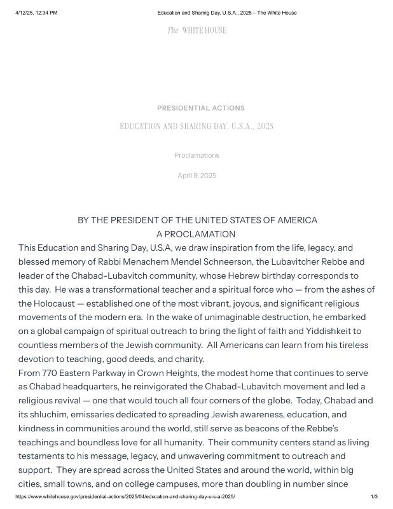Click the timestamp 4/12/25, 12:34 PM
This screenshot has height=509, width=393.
click(36, 13)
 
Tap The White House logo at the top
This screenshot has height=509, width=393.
click(197, 31)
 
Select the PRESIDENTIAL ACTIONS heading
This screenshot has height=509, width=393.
click(200, 108)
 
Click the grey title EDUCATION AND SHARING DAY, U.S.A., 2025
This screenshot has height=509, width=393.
click(197, 127)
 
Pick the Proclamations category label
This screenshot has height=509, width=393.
click(197, 155)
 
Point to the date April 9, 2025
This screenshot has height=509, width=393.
click(197, 176)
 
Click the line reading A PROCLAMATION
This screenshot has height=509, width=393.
click(196, 234)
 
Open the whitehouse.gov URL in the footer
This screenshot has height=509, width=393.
click(125, 496)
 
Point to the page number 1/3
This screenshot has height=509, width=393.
click(374, 496)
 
